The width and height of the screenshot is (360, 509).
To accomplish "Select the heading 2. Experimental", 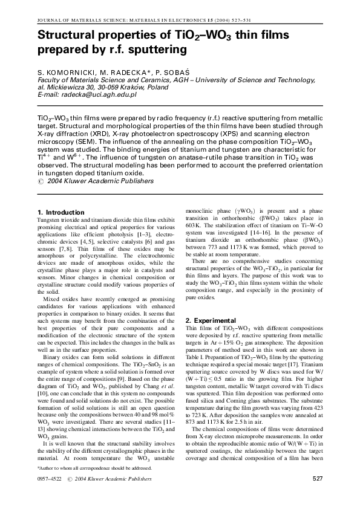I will (x=211, y=320).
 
